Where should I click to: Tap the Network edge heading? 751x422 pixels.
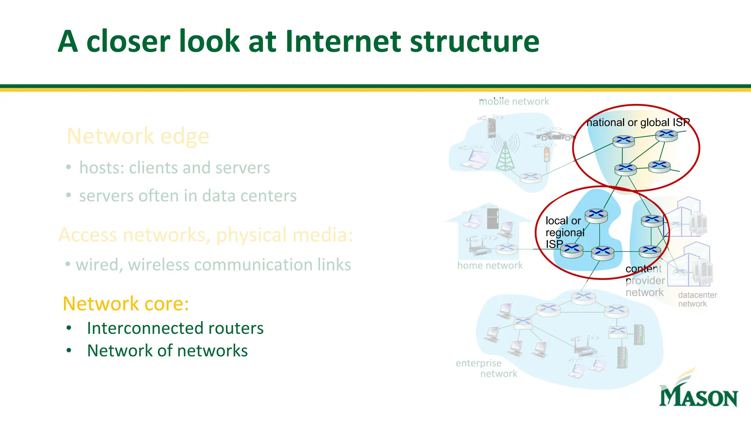(138, 136)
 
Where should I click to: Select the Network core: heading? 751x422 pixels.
(126, 304)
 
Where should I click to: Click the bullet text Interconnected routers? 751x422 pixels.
(175, 328)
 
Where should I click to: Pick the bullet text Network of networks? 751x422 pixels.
(167, 351)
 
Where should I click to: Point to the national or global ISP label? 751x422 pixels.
(638, 122)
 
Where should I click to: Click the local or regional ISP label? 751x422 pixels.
(564, 232)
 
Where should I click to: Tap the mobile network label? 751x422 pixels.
(514, 101)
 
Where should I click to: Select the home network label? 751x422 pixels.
(490, 265)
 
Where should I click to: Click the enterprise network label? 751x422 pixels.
(486, 368)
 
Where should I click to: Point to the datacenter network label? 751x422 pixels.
(697, 299)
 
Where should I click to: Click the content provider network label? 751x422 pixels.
(645, 281)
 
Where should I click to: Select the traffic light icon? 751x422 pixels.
(547, 155)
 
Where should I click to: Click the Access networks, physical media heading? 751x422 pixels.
(205, 235)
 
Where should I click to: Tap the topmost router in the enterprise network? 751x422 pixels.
(583, 296)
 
